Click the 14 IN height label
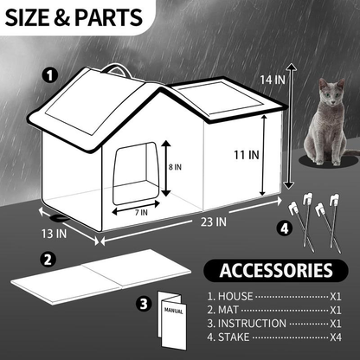(273, 79)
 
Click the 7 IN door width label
(144, 211)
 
